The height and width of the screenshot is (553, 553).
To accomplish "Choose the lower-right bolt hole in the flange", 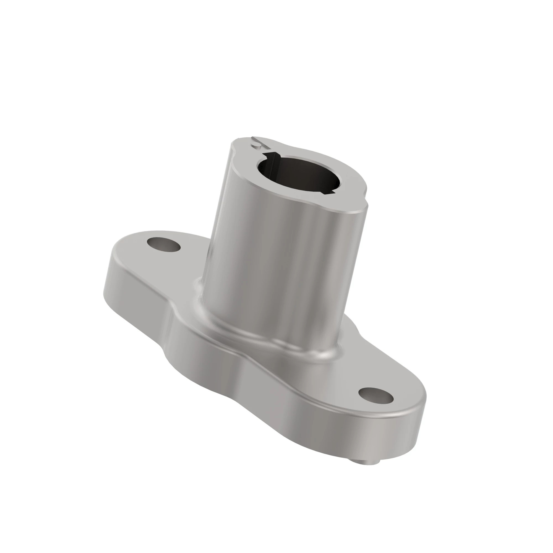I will (x=376, y=396).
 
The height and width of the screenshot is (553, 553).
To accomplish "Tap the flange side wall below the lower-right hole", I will (x=372, y=435).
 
